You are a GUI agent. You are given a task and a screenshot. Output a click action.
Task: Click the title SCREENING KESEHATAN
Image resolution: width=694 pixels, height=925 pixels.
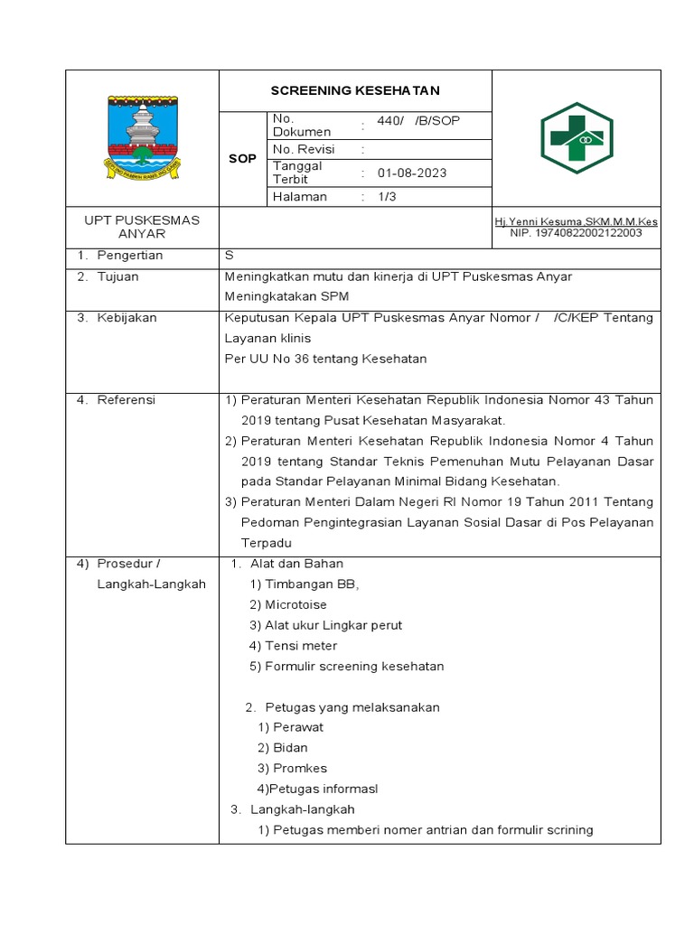pyautogui.click(x=355, y=91)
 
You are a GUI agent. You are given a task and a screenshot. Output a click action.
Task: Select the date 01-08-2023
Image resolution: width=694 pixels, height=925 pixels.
pyautogui.click(x=411, y=173)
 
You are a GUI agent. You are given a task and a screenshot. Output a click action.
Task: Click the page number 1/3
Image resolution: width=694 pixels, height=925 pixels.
pyautogui.click(x=387, y=197)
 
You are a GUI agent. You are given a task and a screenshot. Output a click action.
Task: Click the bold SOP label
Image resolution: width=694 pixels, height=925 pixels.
pyautogui.click(x=241, y=159)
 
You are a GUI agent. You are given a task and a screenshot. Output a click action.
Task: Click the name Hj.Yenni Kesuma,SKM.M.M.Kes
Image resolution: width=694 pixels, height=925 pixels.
pyautogui.click(x=576, y=221)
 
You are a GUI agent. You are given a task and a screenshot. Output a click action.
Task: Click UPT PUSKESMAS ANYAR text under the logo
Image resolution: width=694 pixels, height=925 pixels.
pyautogui.click(x=142, y=227)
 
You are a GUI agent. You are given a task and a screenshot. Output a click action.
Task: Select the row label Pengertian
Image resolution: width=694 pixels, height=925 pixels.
pyautogui.click(x=130, y=256)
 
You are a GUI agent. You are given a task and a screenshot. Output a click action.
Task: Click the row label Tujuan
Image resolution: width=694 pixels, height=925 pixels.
pyautogui.click(x=118, y=276)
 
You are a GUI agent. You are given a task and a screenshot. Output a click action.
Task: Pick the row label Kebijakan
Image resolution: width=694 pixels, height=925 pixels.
pyautogui.click(x=127, y=318)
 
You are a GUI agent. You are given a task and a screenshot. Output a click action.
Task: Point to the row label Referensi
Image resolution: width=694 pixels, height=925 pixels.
pyautogui.click(x=127, y=400)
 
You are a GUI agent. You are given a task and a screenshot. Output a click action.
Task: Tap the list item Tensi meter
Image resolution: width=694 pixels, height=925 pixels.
pyautogui.click(x=300, y=646)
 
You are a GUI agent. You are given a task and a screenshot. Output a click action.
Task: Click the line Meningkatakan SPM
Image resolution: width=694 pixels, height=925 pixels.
pyautogui.click(x=286, y=296)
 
